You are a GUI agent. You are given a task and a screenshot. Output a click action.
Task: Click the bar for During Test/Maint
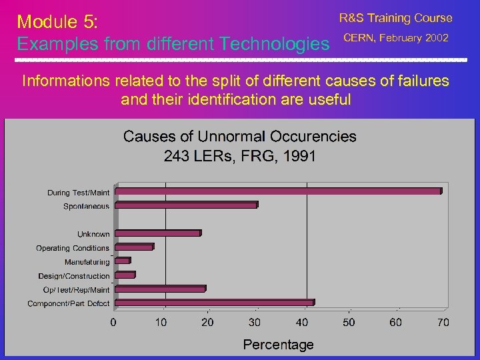278,191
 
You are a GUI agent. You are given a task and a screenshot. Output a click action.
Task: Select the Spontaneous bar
186,205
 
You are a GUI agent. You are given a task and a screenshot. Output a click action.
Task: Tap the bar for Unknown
157,233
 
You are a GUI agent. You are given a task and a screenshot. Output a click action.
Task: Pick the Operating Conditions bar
134,247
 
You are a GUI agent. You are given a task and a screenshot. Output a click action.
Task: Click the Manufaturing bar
123,261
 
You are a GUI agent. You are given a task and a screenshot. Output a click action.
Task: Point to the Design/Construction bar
125,275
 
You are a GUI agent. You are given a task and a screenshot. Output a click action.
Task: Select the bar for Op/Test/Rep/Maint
160,289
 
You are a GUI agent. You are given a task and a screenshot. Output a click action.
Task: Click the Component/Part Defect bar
214,303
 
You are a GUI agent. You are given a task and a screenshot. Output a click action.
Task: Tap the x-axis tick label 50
349,323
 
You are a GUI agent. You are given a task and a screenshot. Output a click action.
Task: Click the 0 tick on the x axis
113,323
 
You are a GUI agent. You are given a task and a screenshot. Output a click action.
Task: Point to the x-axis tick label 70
443,323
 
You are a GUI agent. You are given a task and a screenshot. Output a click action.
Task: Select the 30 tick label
255,323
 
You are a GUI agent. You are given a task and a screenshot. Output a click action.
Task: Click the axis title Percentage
278,345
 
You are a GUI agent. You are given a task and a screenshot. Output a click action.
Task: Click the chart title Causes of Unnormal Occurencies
240,137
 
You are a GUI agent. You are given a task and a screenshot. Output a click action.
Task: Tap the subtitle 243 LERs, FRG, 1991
240,156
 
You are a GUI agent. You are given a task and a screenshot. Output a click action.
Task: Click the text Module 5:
58,21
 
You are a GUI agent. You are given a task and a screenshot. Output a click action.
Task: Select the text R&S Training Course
395,18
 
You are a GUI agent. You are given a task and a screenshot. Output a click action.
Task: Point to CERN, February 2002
395,37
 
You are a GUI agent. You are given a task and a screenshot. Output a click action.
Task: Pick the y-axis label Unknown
93,234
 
